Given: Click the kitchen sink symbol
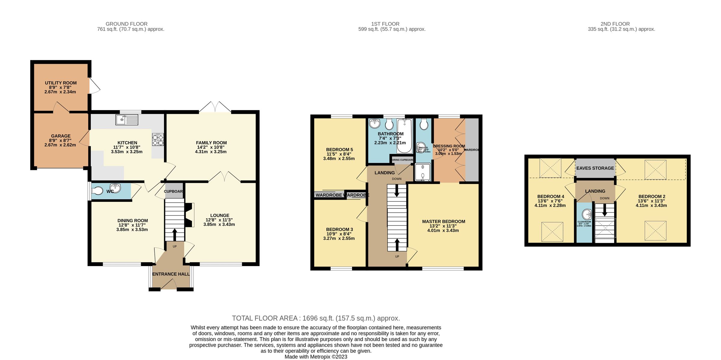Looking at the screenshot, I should click(127, 120).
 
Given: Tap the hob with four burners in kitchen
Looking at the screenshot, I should click(158, 140).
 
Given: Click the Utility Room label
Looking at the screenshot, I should click(61, 83).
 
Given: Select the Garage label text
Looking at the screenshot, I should click(61, 136).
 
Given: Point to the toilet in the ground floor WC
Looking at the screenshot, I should click(97, 191).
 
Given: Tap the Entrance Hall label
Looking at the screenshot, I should click(171, 274).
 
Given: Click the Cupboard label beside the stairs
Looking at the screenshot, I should click(174, 191).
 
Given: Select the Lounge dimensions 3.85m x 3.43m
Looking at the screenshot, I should click(219, 224).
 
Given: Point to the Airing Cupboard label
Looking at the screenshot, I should click(402, 160).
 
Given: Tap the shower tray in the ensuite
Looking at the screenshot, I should click(423, 172).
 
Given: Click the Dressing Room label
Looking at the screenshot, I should click(449, 146).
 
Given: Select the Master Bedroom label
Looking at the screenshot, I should click(443, 222).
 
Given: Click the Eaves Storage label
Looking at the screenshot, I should click(595, 168).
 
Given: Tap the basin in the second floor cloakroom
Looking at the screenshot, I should click(587, 214).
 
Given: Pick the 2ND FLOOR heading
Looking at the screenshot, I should click(615, 24).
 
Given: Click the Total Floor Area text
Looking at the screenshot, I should click(316, 318).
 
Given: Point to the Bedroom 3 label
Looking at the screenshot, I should click(339, 229).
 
